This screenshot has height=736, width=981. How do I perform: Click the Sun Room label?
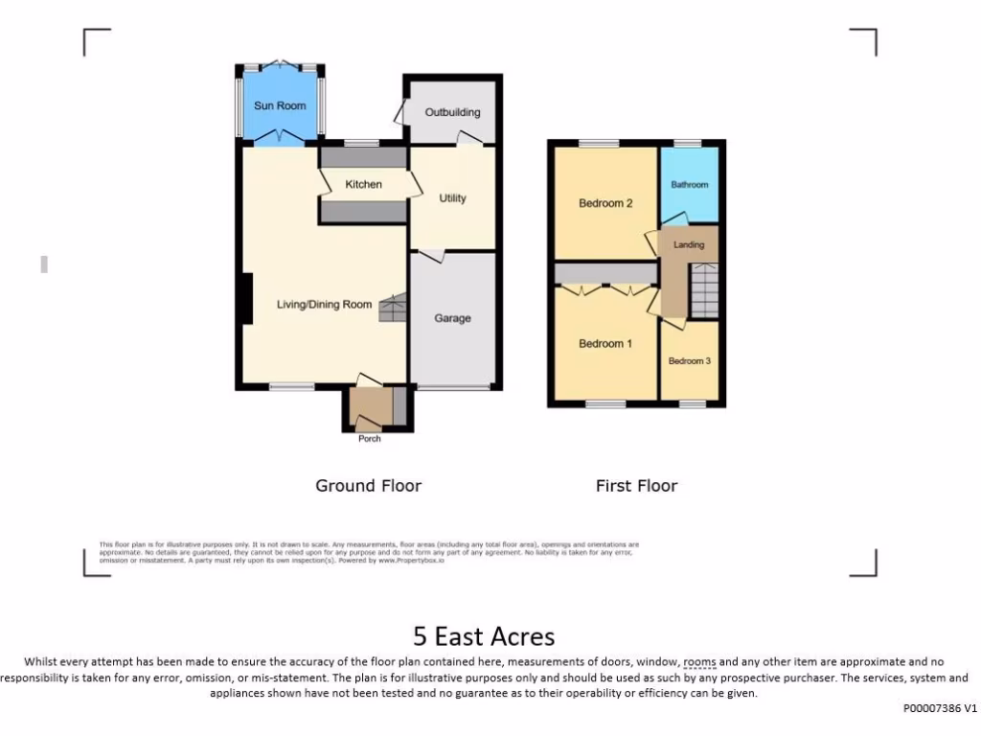pyautogui.click(x=280, y=105)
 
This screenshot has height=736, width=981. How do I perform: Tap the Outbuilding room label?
pyautogui.click(x=452, y=112)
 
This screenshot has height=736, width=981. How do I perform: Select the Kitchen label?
pyautogui.click(x=364, y=184)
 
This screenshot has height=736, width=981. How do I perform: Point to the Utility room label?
pyautogui.click(x=452, y=198)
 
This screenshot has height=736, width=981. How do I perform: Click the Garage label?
pyautogui.click(x=452, y=318)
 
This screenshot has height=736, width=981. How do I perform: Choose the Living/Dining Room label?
pyautogui.click(x=324, y=305)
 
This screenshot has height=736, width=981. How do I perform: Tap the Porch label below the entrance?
pyautogui.click(x=369, y=439)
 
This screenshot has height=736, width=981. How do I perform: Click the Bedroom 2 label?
pyautogui.click(x=605, y=203)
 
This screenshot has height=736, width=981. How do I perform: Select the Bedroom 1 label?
pyautogui.click(x=605, y=344)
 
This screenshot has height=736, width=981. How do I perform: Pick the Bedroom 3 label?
pyautogui.click(x=690, y=361)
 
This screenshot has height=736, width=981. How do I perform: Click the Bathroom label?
pyautogui.click(x=690, y=185)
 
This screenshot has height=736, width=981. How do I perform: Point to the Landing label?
pyautogui.click(x=689, y=245)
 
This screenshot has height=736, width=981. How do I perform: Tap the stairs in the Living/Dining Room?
pyautogui.click(x=393, y=310)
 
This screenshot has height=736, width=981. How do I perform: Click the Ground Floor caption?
pyautogui.click(x=369, y=486)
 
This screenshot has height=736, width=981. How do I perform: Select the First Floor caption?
pyautogui.click(x=636, y=486)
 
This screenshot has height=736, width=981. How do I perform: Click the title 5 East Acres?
pyautogui.click(x=484, y=635)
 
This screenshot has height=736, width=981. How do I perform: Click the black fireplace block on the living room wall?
pyautogui.click(x=246, y=298)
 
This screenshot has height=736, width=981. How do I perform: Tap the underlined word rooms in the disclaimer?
pyautogui.click(x=699, y=662)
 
